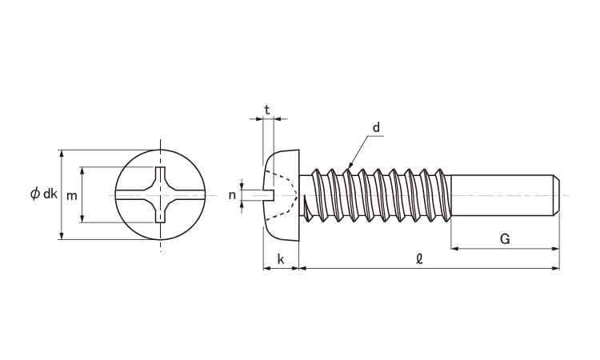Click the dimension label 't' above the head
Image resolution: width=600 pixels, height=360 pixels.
coord(267,109)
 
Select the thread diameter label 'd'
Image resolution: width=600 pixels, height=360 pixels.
coord(375,127)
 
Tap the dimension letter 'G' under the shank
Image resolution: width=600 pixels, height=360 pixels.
coord(505,238)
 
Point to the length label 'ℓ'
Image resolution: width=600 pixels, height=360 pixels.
coord(419,258)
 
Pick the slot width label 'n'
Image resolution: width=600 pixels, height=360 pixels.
coord(232,194)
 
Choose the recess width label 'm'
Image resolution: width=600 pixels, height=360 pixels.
coord(71,195)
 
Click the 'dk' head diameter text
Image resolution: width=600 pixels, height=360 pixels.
coord(50,194)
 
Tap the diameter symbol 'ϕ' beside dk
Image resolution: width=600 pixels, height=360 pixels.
coord(34,194)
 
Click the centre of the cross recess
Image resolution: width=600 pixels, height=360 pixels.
coord(162,194)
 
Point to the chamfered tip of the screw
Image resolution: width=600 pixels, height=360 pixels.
coord(556,195)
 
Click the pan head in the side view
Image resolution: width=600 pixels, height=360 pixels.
coord(282,194)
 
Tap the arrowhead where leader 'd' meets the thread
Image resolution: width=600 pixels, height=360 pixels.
coord(348,169)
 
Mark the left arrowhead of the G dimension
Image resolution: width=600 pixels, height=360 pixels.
coord(454,249)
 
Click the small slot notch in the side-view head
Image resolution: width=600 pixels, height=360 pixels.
coord(269,194)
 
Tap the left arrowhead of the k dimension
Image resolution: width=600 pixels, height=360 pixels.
coord(266,269)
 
